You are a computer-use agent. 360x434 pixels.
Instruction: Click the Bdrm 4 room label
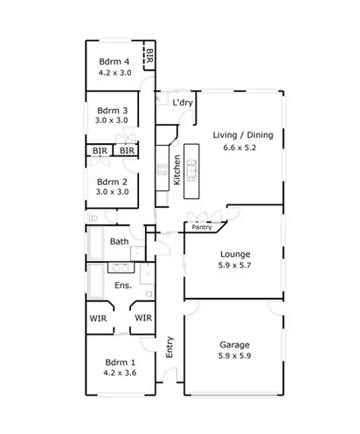[114, 61]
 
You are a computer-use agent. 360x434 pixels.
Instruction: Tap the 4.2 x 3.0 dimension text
[114, 73]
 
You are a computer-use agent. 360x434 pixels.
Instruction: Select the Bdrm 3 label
[112, 110]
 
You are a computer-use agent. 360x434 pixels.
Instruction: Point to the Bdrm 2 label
[112, 181]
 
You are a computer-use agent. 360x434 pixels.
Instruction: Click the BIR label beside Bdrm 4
[149, 58]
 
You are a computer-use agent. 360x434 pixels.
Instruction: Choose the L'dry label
[183, 103]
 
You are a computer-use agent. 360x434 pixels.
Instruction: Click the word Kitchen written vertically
[177, 169]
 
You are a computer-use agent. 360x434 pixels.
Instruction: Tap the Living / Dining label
[242, 134]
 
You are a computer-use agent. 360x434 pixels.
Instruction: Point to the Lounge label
[235, 255]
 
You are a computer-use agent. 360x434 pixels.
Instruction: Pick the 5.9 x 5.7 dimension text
[235, 267]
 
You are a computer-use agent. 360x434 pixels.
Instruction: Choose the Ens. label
[123, 286]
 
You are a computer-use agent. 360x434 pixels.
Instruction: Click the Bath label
[120, 242]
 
